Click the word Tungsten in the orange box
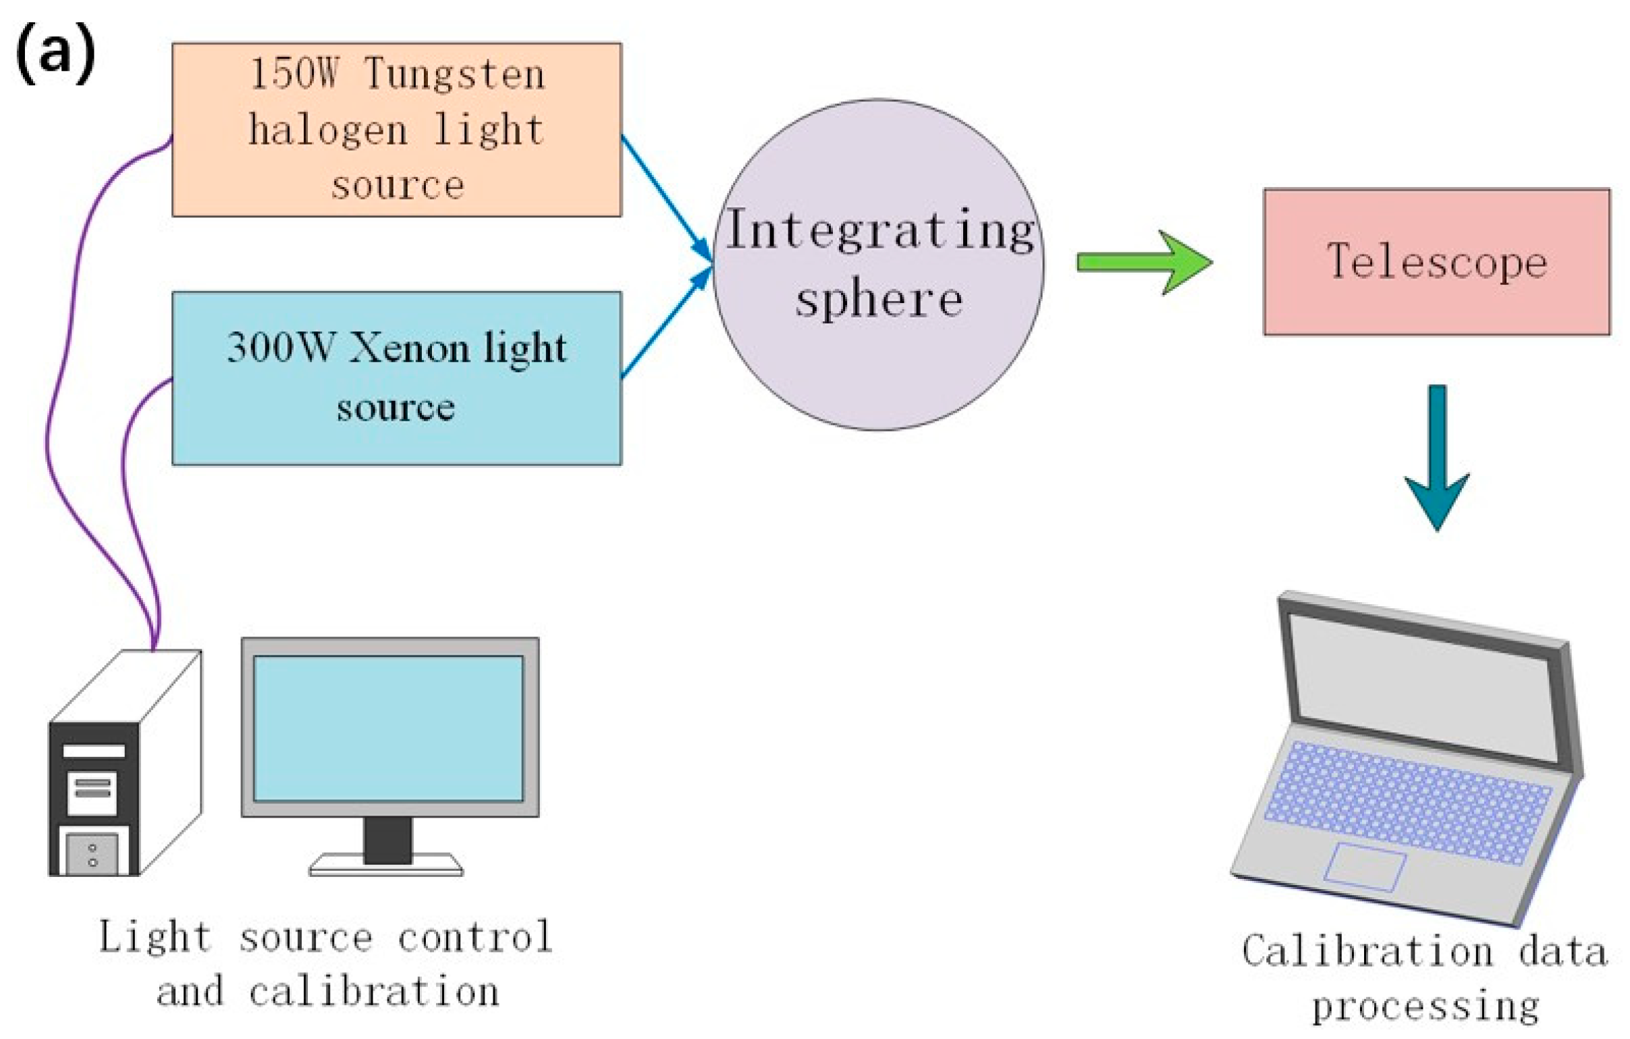tap(454, 74)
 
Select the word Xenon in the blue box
tap(409, 348)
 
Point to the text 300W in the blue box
tap(280, 348)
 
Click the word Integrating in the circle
tap(880, 230)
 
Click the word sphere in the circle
tap(879, 298)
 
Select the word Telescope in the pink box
tap(1437, 261)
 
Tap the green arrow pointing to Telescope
tap(1144, 262)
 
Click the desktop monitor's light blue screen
tap(389, 728)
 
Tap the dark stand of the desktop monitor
tap(387, 839)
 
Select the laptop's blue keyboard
tap(1408, 802)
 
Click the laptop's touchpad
tap(1365, 866)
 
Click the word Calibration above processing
tap(1367, 951)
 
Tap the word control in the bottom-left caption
tap(474, 937)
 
